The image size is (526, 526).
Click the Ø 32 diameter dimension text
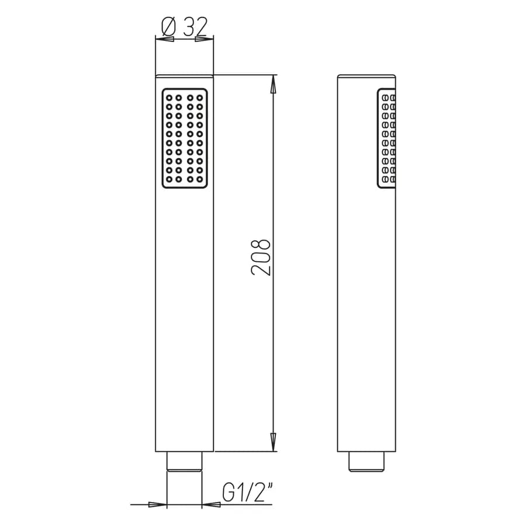[x=184, y=27]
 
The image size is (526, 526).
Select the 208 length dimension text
[x=261, y=258]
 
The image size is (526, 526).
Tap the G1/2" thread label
[x=248, y=492]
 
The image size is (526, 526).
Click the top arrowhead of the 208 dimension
[x=274, y=84]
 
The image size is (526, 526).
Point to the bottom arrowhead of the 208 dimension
[x=274, y=442]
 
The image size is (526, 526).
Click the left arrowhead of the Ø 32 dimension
[x=165, y=39]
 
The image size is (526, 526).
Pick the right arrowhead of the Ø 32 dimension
[x=205, y=39]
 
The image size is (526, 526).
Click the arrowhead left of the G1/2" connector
[x=158, y=504]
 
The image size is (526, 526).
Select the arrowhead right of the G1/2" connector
[x=212, y=504]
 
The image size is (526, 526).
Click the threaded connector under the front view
[x=185, y=462]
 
